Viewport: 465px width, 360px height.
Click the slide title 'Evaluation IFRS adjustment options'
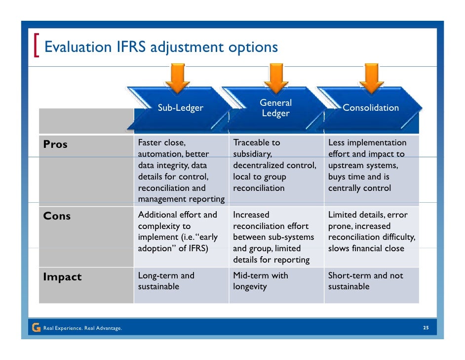tap(161, 47)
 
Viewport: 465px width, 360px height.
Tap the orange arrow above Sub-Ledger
tap(181, 79)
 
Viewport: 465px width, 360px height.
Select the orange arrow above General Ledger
tap(276, 79)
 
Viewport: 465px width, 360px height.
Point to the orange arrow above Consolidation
tap(371, 79)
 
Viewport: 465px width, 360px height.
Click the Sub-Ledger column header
tap(180, 108)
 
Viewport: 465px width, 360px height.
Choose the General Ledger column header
tap(275, 108)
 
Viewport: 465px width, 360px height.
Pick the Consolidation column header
tap(371, 108)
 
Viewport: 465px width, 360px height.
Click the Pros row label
tap(55, 145)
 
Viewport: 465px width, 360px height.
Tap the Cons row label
tap(57, 216)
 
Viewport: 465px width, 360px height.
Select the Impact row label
tap(62, 277)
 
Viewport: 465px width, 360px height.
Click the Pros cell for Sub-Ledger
tap(181, 171)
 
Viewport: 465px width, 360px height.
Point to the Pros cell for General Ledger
tap(275, 166)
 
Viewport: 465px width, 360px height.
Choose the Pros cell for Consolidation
tap(371, 166)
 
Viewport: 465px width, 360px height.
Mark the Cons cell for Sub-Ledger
tap(181, 231)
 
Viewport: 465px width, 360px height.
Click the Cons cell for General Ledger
tap(275, 237)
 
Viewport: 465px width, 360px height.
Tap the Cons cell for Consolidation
tap(371, 231)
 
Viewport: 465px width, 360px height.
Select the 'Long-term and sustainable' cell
tap(181, 281)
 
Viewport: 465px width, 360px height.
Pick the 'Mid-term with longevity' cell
tap(275, 281)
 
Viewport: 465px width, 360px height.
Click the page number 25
tap(425, 328)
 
